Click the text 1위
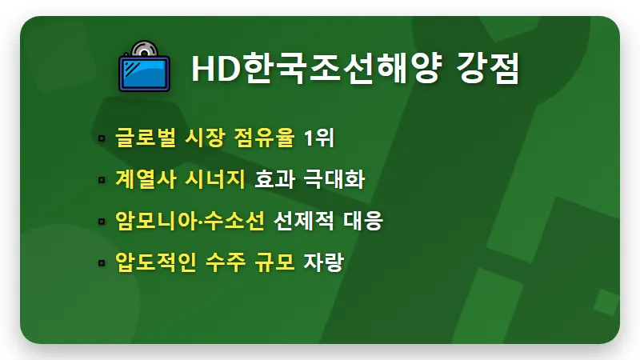[x=318, y=138]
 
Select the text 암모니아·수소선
[x=190, y=221]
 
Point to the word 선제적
[x=299, y=221]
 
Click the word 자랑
[x=322, y=262]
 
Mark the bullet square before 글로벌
[x=102, y=138]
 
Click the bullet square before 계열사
[x=102, y=180]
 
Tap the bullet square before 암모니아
[x=102, y=222]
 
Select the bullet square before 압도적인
[x=102, y=263]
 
